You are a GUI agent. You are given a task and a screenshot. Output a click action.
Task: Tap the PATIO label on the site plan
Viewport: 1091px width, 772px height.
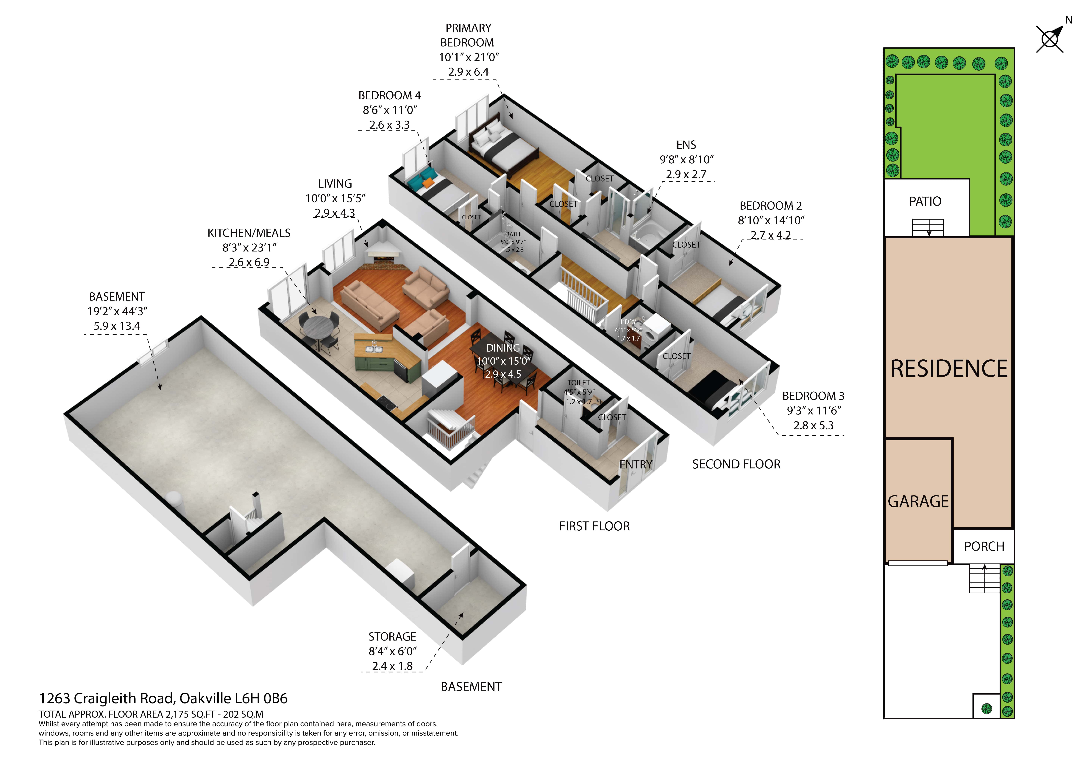[925, 202]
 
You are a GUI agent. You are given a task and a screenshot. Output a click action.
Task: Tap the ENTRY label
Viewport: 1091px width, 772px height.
[636, 465]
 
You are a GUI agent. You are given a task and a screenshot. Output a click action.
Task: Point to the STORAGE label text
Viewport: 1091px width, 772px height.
[392, 636]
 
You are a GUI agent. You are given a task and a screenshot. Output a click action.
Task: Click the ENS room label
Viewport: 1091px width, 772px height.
[686, 145]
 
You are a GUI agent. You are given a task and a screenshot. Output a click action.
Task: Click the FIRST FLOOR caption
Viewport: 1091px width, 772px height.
[594, 526]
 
